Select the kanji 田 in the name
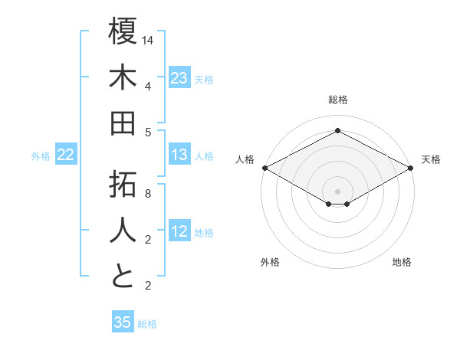pos(123,123)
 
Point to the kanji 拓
pos(123,185)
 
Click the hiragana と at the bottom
pos(123,277)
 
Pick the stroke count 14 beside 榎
pos(149,39)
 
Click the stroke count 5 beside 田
pos(148,132)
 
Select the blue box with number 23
pos(179,78)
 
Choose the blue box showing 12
pos(179,232)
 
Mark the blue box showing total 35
pos(123,322)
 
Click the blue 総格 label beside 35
pos(147,324)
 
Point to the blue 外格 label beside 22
pos(41,156)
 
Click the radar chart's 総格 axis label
pos(337,100)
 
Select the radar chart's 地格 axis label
pos(402,263)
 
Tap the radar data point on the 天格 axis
pos(411,168)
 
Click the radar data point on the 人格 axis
pos(264,168)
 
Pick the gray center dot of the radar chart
pos(337,190)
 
